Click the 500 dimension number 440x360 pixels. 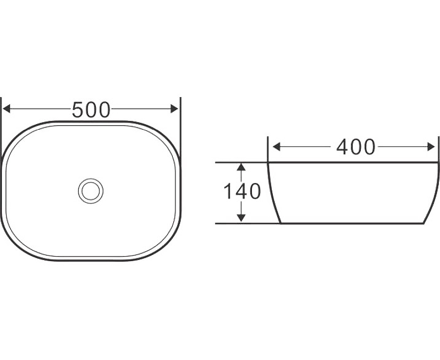click(91, 110)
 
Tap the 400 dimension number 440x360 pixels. click(355, 147)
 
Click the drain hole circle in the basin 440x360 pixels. click(90, 190)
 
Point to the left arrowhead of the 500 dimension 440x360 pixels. click(7, 109)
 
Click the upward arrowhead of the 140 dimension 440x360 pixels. click(241, 167)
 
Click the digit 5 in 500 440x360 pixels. click(79, 110)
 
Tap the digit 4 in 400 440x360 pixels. click(342, 147)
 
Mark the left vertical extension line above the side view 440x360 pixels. click(268, 148)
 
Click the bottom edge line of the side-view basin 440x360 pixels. click(352, 224)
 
